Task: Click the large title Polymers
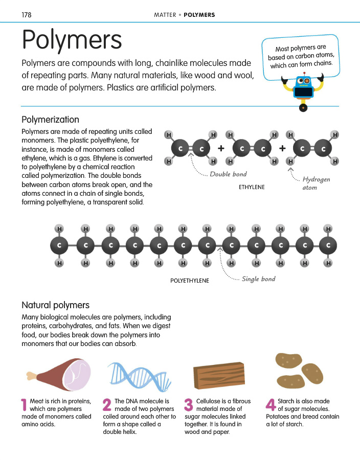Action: click(72, 40)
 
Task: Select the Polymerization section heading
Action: click(50, 120)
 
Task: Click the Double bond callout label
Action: click(229, 174)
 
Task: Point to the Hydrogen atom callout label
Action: click(316, 183)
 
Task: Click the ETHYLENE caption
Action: click(252, 187)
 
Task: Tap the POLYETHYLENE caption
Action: click(190, 281)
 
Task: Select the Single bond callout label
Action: click(258, 279)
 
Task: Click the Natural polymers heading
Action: click(55, 305)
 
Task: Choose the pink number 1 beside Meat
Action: click(24, 405)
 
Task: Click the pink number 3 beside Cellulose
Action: click(188, 405)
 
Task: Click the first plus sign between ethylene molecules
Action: click(221, 148)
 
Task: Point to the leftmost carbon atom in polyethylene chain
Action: click(59, 245)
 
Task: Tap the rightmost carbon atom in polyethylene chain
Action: click(328, 245)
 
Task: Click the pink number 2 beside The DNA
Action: click(107, 405)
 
